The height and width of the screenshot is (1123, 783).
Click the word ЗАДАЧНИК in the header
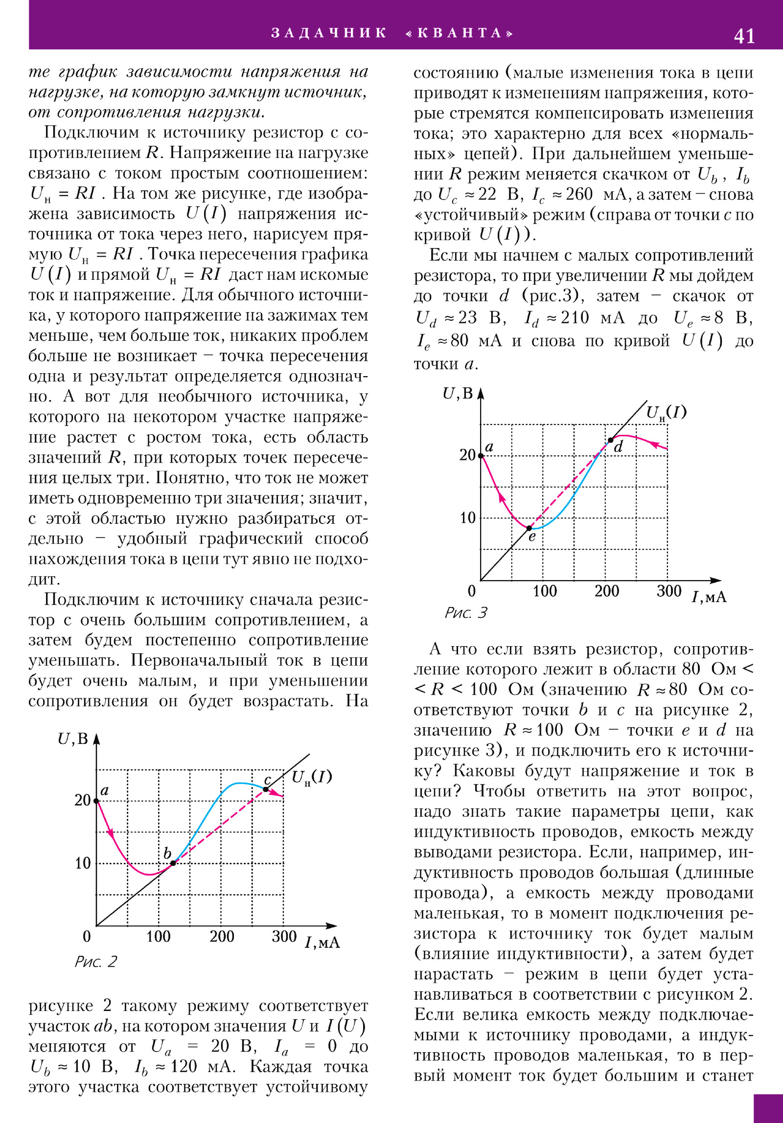[x=329, y=33]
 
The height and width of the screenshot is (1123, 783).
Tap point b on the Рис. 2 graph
[x=173, y=863]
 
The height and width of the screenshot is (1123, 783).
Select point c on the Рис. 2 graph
[x=266, y=789]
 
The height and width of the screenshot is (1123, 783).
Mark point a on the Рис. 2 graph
[x=96, y=801]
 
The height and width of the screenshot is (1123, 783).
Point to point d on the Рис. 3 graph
[x=610, y=440]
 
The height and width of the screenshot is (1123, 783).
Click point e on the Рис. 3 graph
[x=529, y=528]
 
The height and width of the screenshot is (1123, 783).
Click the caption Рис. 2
[x=95, y=962]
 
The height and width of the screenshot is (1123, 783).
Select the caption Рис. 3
[x=466, y=613]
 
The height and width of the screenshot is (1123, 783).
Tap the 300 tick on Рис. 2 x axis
[x=284, y=936]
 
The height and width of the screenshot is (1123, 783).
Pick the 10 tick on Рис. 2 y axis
[x=83, y=863]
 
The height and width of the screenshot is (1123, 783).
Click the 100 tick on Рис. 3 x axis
[x=544, y=591]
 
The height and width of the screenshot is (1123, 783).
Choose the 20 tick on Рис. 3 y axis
[x=467, y=455]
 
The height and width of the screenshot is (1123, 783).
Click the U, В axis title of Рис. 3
[x=458, y=393]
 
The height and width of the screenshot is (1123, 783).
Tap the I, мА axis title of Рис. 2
[x=322, y=943]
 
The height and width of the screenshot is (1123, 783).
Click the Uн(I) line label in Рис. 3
[x=666, y=413]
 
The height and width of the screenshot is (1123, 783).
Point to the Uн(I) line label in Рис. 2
[x=312, y=777]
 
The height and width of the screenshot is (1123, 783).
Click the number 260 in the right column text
[x=579, y=194]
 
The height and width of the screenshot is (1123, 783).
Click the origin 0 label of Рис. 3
[x=471, y=591]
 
